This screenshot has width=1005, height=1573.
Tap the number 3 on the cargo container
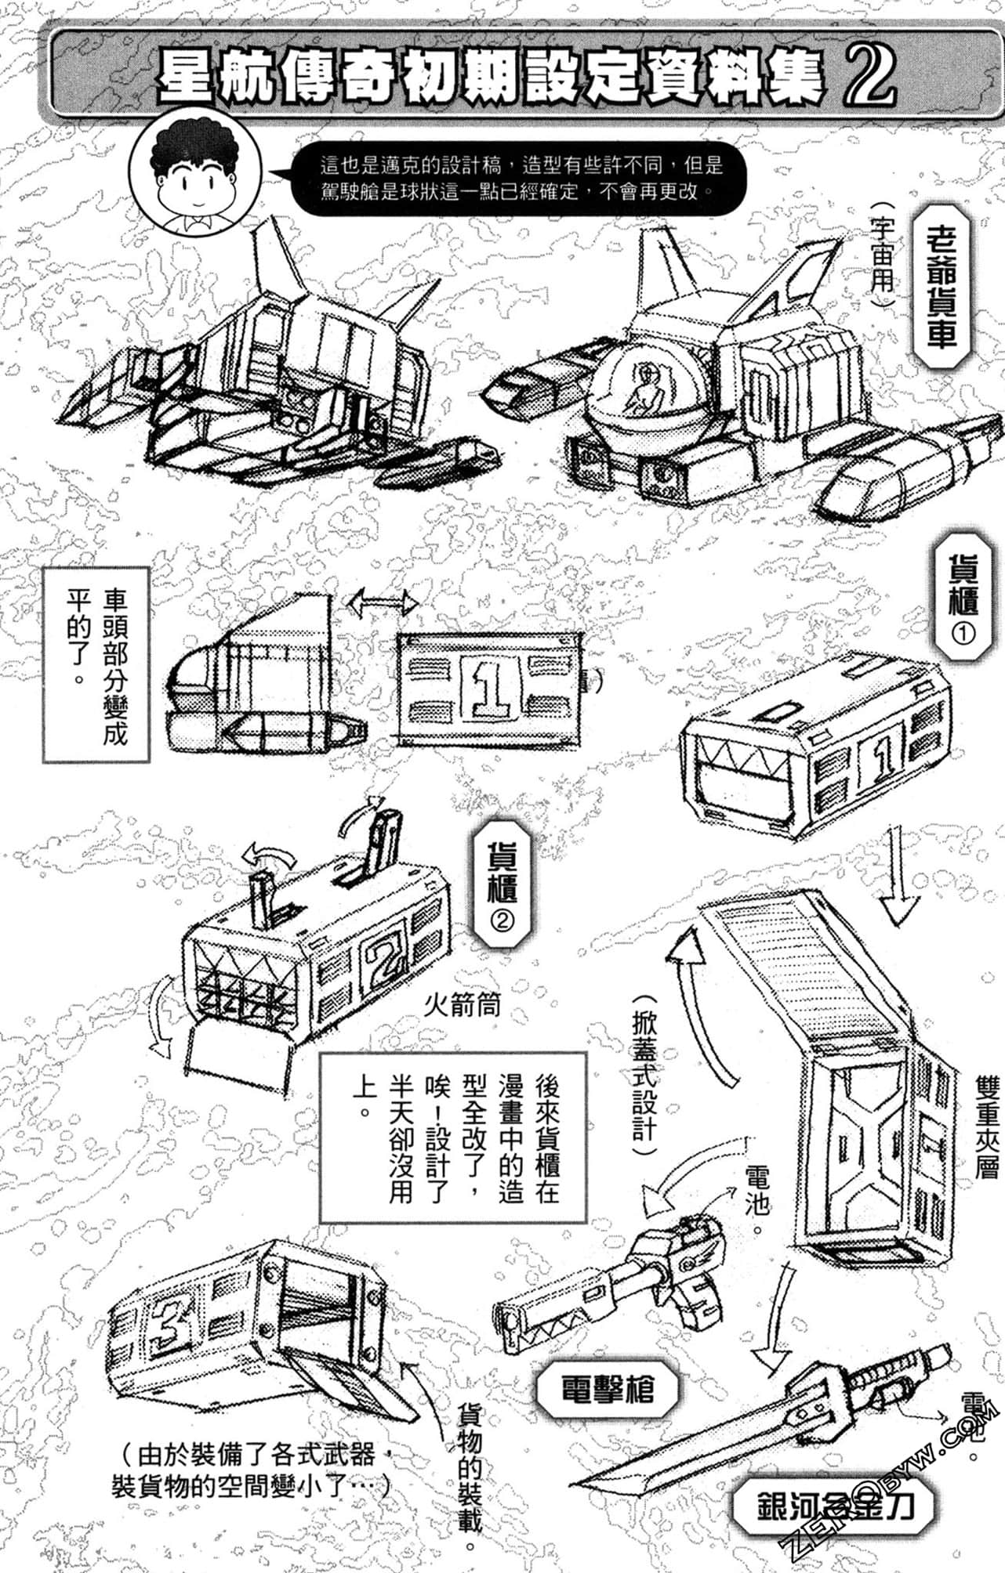pos(174,1322)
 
